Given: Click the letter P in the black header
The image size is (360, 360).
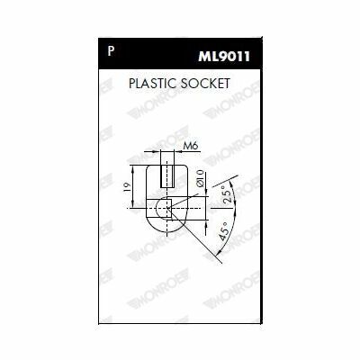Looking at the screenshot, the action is [111, 51].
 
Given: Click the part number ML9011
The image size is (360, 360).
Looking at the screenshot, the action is [224, 57].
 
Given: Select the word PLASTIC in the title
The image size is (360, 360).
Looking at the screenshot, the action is [152, 83].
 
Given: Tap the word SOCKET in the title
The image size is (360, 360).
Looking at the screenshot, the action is [205, 83].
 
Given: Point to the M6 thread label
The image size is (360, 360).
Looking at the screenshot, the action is [191, 146].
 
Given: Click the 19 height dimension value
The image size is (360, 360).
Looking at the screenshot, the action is [127, 186].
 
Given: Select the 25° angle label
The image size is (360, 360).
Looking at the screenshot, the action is [228, 194].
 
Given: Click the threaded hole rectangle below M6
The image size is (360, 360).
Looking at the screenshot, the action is [167, 176].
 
